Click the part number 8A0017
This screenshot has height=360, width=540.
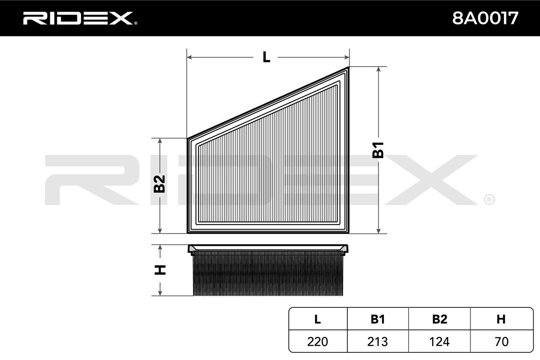(x=485, y=18)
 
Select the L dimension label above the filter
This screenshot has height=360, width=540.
(x=266, y=57)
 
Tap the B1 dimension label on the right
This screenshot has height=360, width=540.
(x=378, y=150)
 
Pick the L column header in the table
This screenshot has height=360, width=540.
(x=317, y=319)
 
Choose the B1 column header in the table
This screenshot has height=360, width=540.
(x=378, y=319)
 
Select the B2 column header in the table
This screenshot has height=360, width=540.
(x=439, y=319)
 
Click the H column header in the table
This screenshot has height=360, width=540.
(x=501, y=319)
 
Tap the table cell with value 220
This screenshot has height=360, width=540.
(x=317, y=342)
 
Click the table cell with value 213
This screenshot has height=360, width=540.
(x=378, y=342)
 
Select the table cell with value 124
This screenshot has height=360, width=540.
(x=439, y=342)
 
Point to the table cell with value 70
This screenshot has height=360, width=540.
(x=501, y=342)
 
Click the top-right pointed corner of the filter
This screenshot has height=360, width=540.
(x=348, y=68)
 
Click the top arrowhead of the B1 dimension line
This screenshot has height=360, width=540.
(x=379, y=69)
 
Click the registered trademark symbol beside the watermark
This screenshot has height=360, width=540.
(x=489, y=199)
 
